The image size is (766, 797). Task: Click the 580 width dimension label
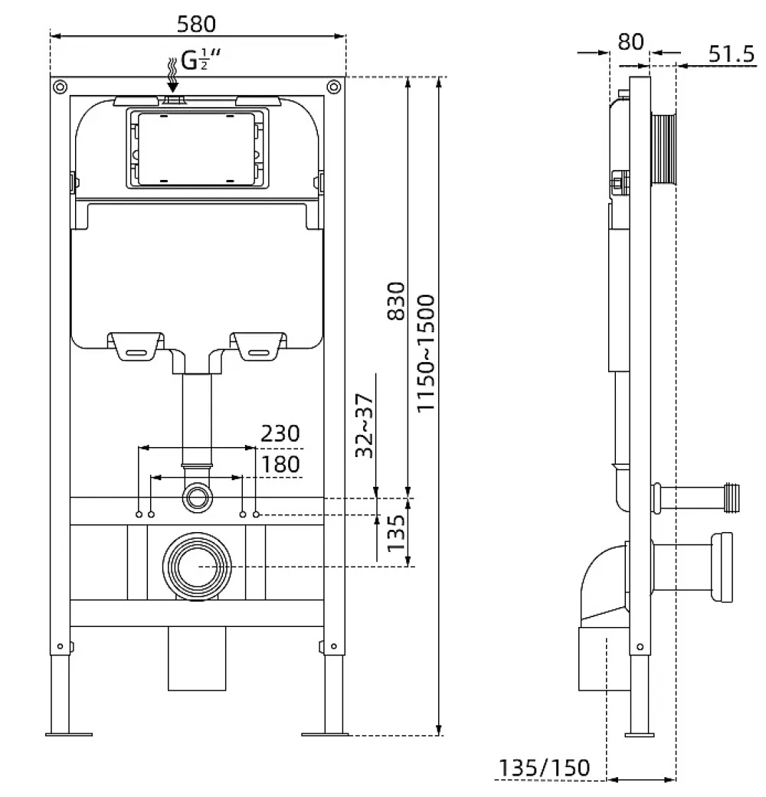196,24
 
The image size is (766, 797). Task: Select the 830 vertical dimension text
396,301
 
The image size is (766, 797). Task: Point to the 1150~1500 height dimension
426,353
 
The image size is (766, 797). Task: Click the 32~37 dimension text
364,426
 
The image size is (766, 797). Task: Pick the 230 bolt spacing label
280,433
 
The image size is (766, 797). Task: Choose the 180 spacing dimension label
280,464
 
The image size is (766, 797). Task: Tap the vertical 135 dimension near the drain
396,533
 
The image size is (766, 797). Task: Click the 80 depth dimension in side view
630,41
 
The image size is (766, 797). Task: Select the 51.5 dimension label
732,54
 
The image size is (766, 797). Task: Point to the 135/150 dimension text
544,768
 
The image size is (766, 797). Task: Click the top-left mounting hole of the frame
60,87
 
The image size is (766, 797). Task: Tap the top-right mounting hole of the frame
334,87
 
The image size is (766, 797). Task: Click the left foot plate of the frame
69,734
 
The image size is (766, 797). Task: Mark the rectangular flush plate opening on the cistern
197,149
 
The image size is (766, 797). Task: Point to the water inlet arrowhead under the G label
173,87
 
